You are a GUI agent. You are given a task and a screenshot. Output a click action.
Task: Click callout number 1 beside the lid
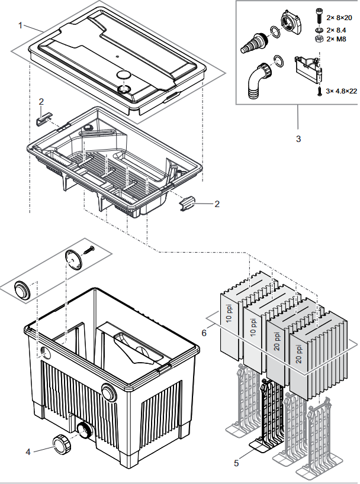coord(20,25)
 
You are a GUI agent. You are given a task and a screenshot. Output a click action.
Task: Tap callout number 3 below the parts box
coord(298,139)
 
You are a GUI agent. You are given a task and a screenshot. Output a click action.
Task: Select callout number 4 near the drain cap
coord(28,452)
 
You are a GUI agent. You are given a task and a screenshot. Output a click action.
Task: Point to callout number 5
coord(236,463)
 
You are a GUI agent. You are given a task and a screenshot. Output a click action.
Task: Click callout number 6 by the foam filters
coord(204,333)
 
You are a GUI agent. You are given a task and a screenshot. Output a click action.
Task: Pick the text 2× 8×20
coord(339,18)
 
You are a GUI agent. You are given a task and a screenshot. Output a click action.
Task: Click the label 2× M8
coord(336,39)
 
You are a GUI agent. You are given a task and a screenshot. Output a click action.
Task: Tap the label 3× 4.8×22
coord(342,91)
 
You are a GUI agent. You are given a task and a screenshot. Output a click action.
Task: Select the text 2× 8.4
coord(336,30)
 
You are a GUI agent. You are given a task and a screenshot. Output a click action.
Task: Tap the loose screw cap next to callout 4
coord(61,444)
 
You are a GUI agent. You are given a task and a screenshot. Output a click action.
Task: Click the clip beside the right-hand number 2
coord(187,203)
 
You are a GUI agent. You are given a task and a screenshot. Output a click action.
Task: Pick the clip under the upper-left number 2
coord(44,120)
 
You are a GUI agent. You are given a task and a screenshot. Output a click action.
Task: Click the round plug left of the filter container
coord(22,289)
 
